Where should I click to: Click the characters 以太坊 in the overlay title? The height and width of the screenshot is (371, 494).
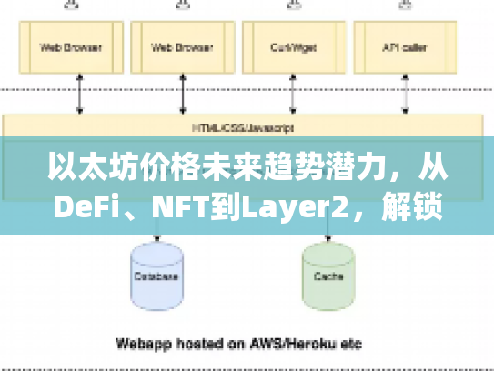pyautogui.click(x=87, y=171)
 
